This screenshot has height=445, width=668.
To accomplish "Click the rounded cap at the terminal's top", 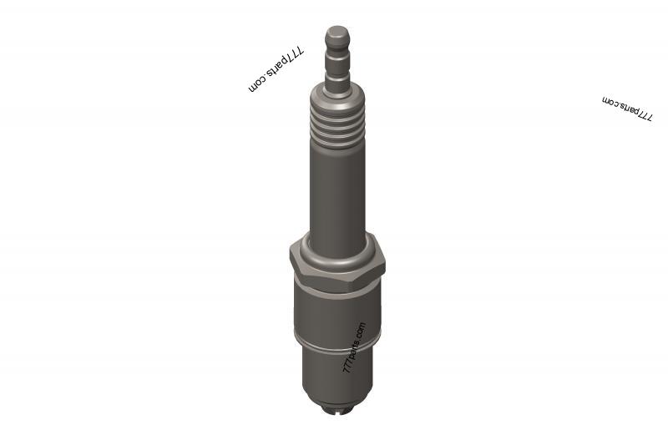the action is pos(337,38).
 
